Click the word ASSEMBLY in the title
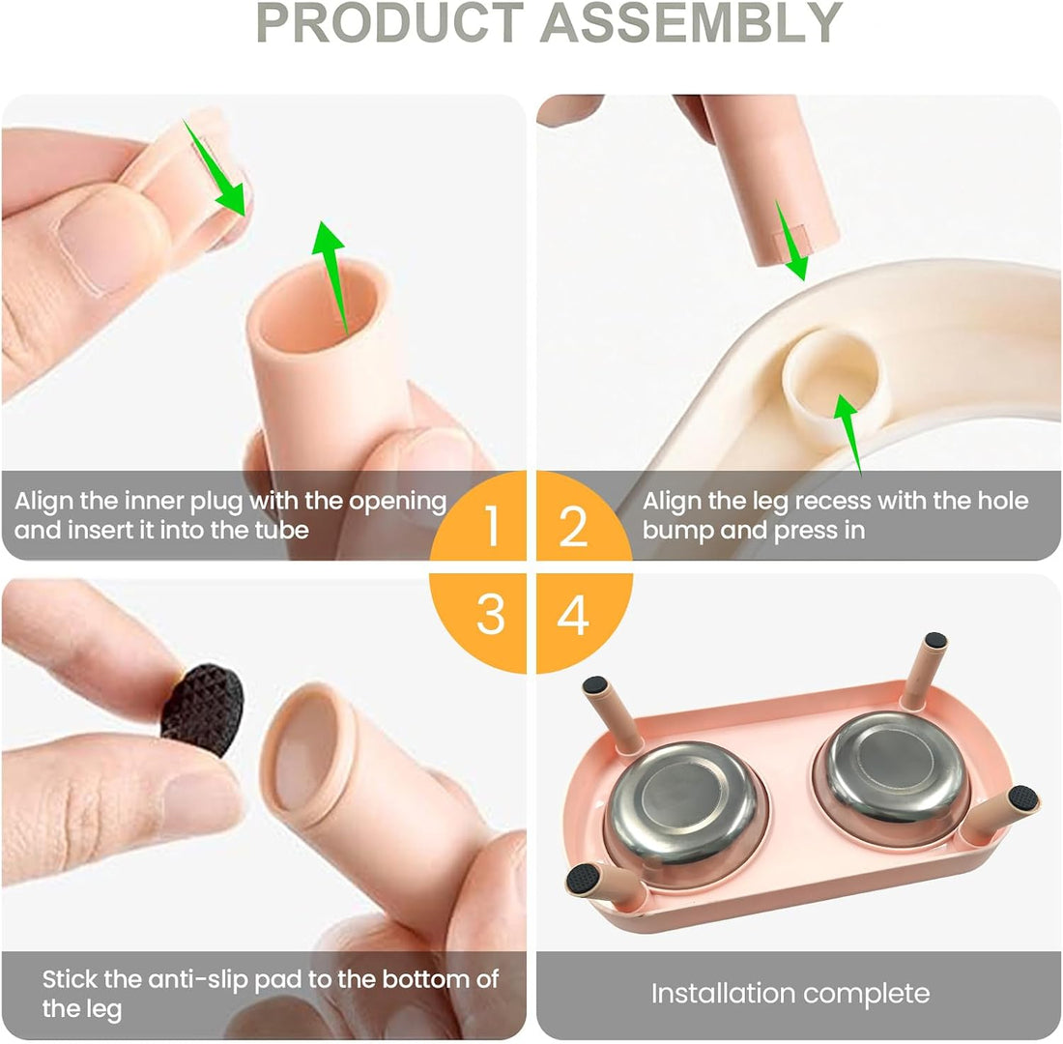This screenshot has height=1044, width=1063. [691, 23]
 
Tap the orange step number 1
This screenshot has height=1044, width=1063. [492, 526]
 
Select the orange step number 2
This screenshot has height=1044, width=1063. [573, 526]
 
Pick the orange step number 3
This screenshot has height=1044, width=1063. [491, 615]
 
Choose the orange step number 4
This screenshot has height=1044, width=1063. [573, 615]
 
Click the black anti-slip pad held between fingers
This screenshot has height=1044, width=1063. [202, 709]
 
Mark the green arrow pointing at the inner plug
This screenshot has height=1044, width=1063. [215, 167]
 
